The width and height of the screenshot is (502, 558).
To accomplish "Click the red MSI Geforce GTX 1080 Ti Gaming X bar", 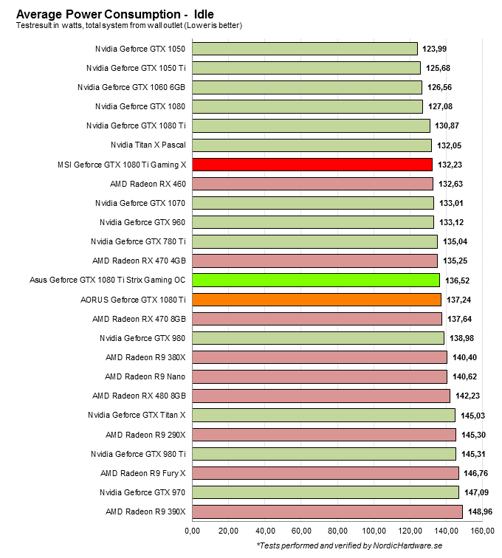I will pyautogui.click(x=312, y=165).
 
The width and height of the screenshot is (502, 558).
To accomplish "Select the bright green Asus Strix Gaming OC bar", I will pyautogui.click(x=316, y=280).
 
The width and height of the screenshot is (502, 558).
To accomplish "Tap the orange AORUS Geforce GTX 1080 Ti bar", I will pyautogui.click(x=317, y=299).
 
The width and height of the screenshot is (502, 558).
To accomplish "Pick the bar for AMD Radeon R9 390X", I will pyautogui.click(x=327, y=512).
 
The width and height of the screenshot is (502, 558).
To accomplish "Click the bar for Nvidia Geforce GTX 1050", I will pyautogui.click(x=305, y=49).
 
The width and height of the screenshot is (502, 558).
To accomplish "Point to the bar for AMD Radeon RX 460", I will pyautogui.click(x=312, y=184).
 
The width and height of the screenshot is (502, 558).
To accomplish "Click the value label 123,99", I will pyautogui.click(x=435, y=49).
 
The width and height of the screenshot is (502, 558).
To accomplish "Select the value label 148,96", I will pyautogui.click(x=481, y=512).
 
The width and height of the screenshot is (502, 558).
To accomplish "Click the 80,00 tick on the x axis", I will pyautogui.click(x=338, y=530).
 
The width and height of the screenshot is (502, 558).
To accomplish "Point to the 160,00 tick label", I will pyautogui.click(x=484, y=530).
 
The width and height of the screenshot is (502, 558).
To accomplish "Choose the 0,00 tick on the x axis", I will pyautogui.click(x=192, y=530).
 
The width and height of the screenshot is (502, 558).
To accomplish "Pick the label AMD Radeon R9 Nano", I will pyautogui.click(x=145, y=376).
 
